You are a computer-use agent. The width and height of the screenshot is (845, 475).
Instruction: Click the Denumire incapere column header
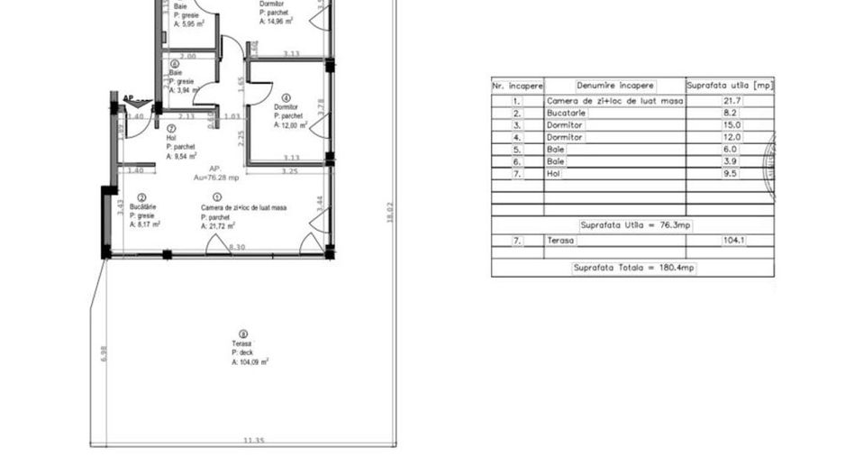click(615, 86)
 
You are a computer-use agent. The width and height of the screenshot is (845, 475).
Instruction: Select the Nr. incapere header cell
click(517, 86)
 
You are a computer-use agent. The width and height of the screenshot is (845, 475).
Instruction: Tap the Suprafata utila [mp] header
click(730, 86)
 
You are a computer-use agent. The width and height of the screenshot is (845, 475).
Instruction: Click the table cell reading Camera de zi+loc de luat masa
click(615, 101)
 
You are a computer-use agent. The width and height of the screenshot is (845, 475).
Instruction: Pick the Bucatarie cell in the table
click(567, 114)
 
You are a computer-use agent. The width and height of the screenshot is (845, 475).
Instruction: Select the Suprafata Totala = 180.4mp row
click(633, 268)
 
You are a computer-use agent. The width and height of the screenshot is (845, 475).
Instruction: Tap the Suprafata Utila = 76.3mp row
click(633, 224)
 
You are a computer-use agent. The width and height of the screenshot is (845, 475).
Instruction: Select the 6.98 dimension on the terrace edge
click(104, 354)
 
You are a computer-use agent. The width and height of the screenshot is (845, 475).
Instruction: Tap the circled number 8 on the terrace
click(242, 333)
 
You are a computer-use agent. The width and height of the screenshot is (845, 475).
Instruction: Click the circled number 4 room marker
click(286, 97)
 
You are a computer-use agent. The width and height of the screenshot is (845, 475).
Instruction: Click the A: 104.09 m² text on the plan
click(250, 361)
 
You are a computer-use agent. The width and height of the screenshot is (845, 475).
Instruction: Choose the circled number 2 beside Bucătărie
click(142, 197)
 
